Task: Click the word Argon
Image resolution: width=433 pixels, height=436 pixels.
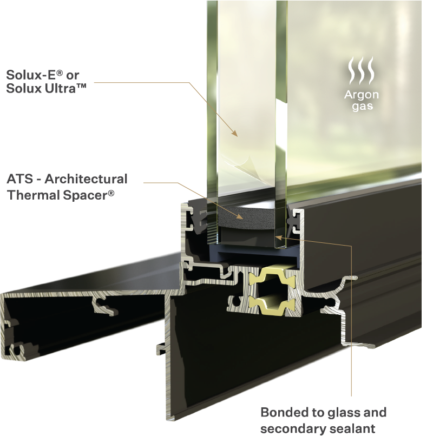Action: (362, 95)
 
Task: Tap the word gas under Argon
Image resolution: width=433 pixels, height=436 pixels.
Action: (362, 107)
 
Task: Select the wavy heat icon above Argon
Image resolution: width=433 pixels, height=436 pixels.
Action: (362, 70)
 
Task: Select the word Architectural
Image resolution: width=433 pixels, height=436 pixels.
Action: (86, 179)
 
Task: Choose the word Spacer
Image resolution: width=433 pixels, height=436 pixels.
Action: (85, 195)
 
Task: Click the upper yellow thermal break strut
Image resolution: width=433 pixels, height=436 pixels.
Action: (272, 277)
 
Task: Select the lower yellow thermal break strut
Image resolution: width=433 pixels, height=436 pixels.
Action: (272, 305)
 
